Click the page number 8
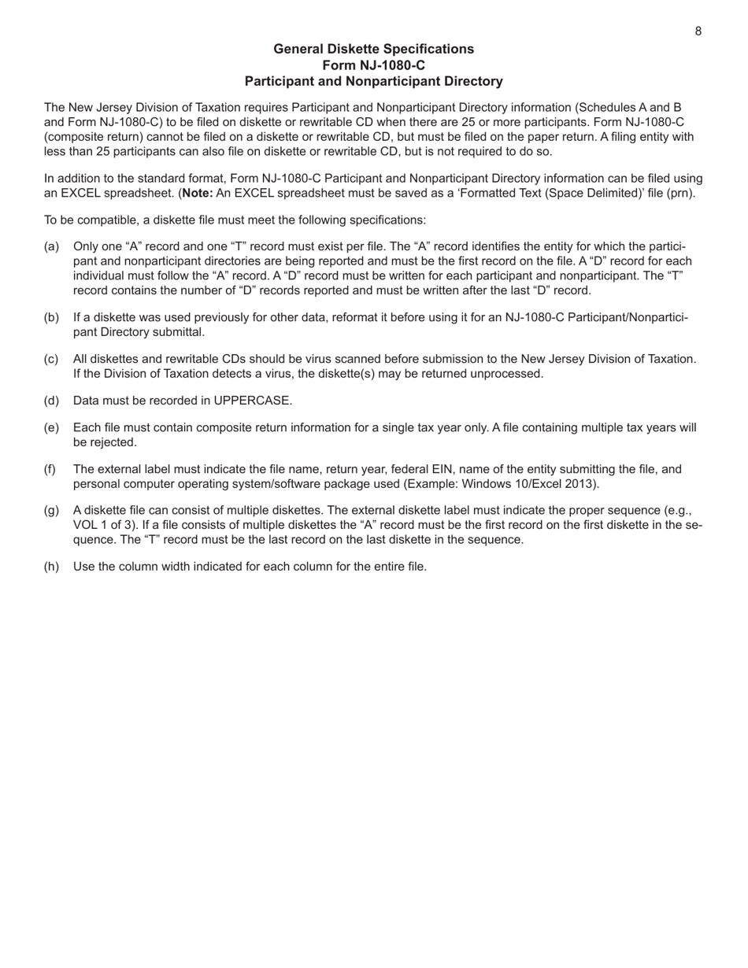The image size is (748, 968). click(698, 31)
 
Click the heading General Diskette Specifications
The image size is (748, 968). click(373, 49)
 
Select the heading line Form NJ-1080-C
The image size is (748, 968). click(373, 65)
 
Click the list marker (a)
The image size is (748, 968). click(51, 247)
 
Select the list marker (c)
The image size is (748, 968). click(51, 359)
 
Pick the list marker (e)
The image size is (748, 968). click(51, 428)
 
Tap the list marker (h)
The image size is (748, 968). click(51, 566)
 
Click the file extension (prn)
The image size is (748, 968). click(679, 193)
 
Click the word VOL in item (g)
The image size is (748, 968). click(86, 525)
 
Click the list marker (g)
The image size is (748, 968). click(51, 511)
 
